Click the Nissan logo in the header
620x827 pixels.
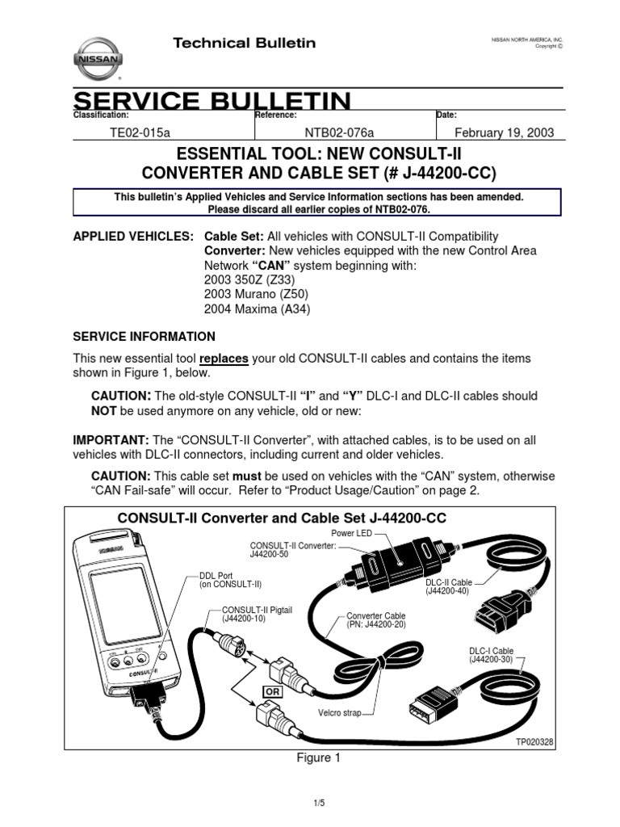[100, 58]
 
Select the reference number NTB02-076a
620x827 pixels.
[339, 133]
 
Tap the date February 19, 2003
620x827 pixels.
[505, 133]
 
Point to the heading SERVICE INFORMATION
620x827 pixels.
[145, 336]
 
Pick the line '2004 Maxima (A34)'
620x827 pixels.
[257, 309]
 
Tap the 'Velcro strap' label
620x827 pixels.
[340, 714]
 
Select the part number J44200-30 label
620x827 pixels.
[490, 660]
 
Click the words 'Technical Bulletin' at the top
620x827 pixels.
[245, 43]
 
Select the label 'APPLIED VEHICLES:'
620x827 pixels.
[133, 237]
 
